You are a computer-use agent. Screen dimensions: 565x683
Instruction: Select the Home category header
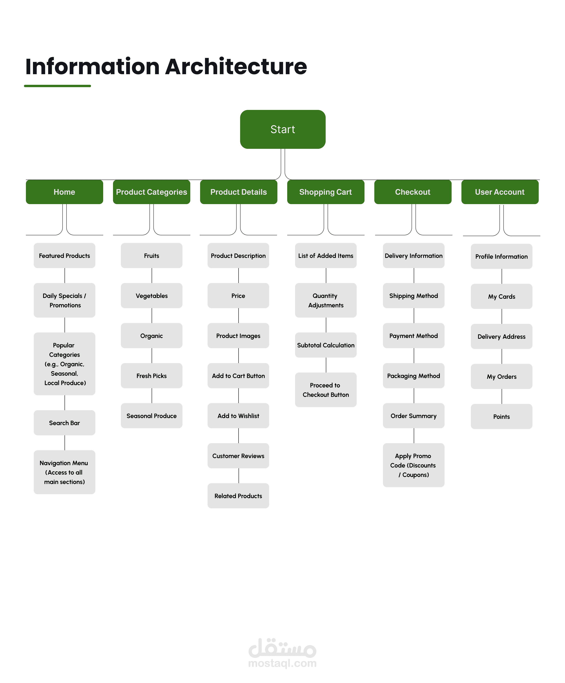(64, 192)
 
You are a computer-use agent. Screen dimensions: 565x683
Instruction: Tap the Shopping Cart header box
(325, 192)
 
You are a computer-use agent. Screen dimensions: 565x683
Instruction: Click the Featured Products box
(64, 256)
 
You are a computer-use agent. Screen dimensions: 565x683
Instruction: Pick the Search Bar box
(64, 423)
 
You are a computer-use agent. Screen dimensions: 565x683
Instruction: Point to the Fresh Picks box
(151, 376)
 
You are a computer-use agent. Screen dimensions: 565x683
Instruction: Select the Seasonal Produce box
(151, 416)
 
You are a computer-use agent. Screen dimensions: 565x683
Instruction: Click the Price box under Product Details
(238, 296)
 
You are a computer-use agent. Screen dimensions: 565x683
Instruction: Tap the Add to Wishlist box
(238, 416)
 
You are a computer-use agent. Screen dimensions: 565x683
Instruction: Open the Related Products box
(238, 496)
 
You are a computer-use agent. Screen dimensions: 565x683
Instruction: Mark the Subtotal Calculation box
(326, 345)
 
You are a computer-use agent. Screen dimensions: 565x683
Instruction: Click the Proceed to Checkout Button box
(326, 390)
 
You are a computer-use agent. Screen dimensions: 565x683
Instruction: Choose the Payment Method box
(414, 336)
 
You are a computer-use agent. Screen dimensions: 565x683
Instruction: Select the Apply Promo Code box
(414, 465)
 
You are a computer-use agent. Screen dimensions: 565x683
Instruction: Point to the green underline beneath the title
(57, 86)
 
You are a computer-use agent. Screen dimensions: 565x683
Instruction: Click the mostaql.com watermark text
(282, 663)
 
